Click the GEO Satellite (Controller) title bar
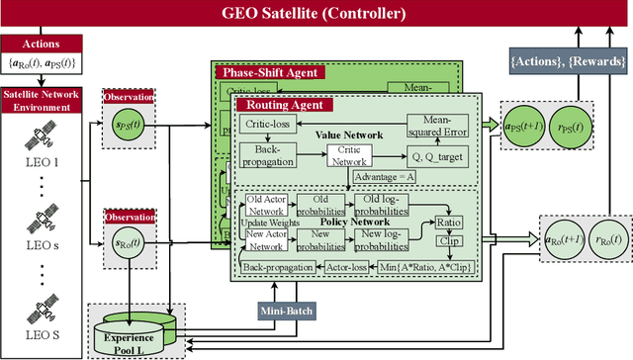click(316, 14)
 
